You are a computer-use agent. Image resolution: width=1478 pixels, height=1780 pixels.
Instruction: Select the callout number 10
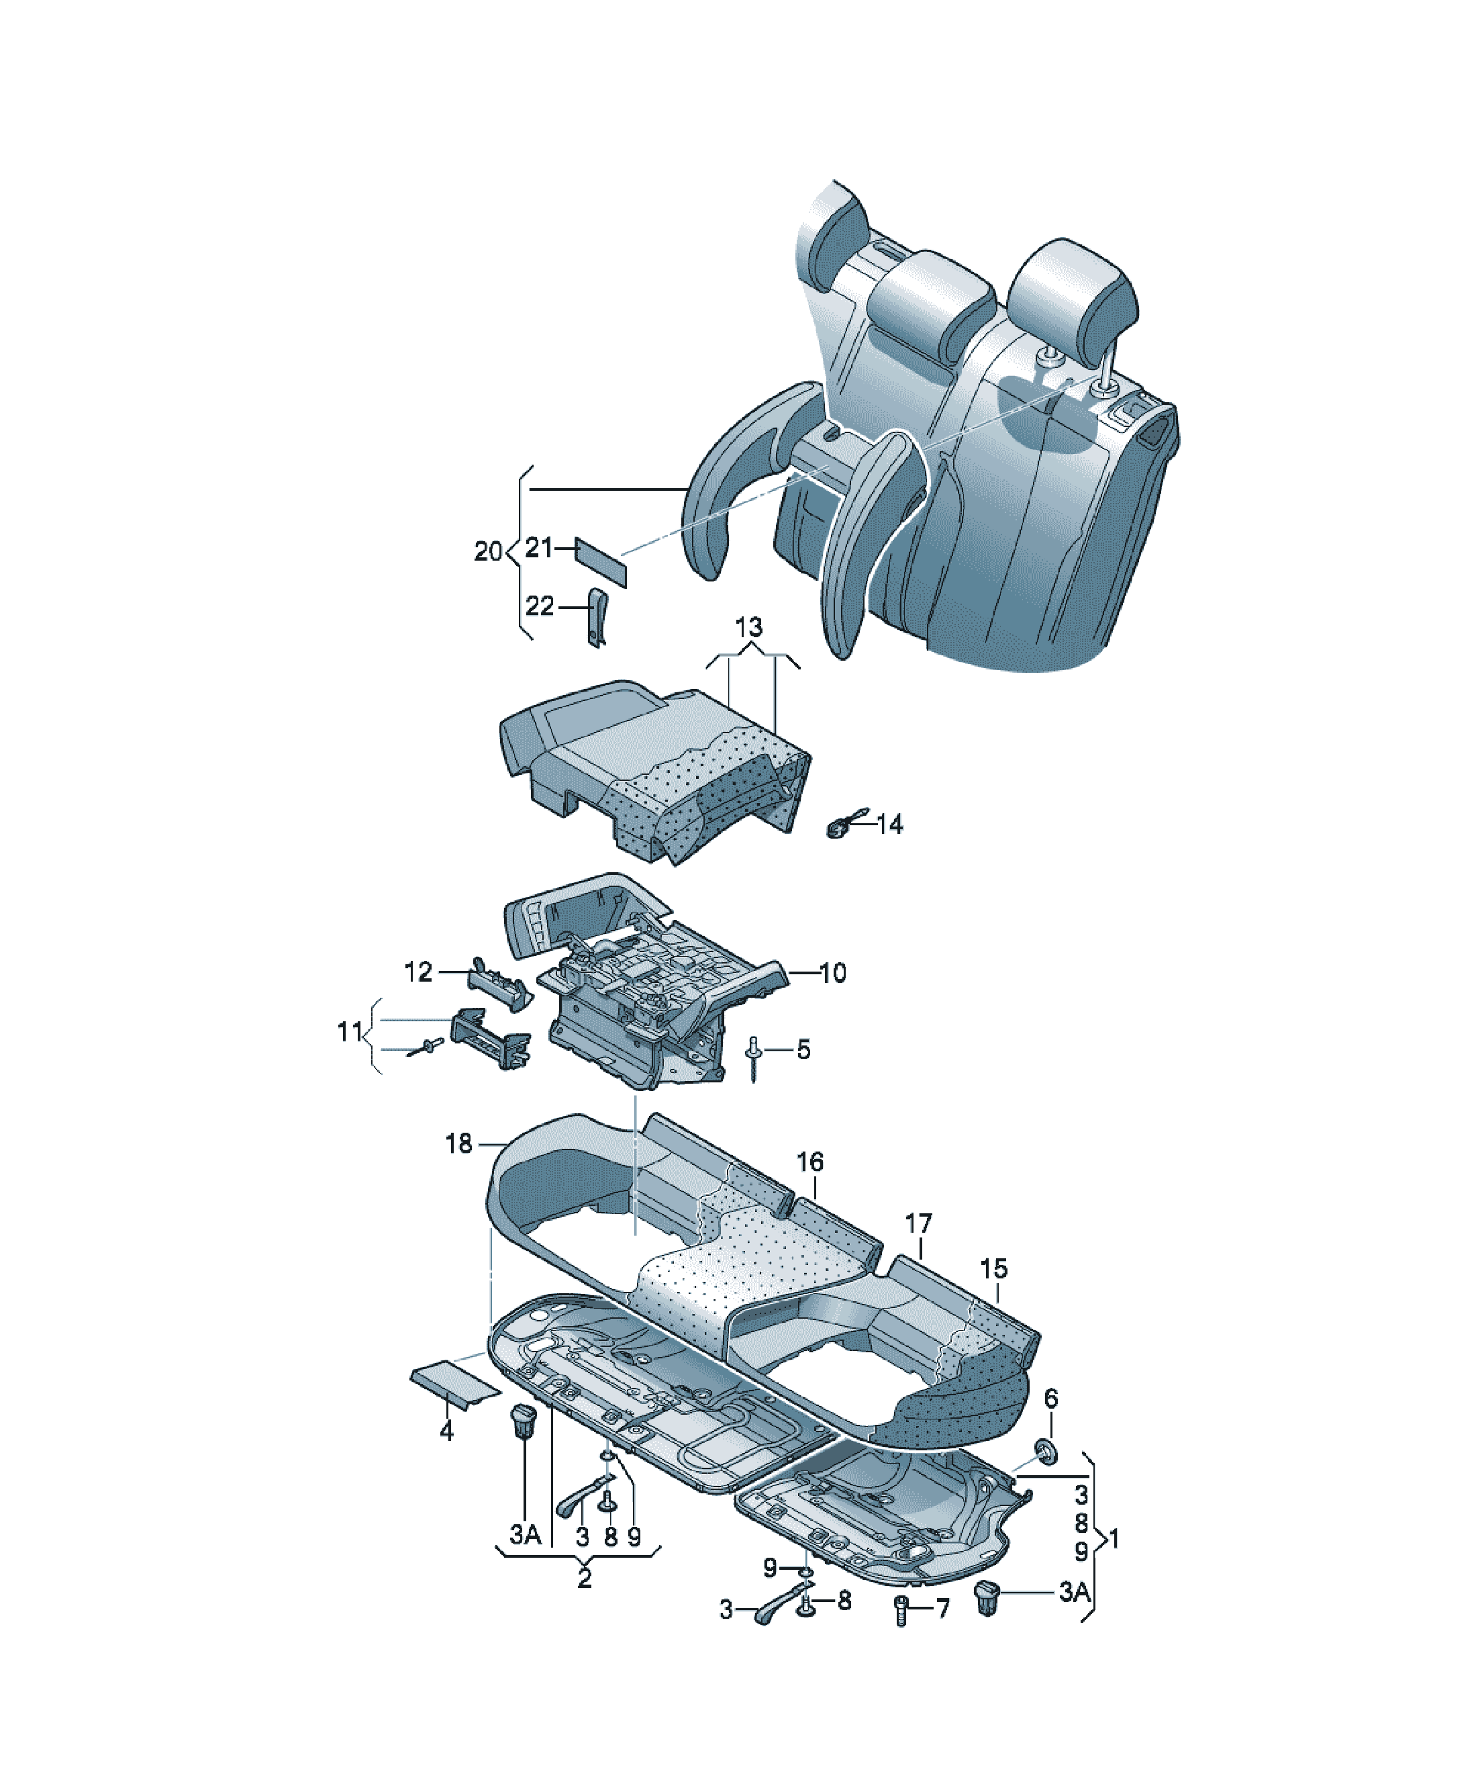[x=833, y=973]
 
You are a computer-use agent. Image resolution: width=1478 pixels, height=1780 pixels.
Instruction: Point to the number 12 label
[x=417, y=972]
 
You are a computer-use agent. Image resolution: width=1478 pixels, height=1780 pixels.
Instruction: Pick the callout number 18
[x=458, y=1143]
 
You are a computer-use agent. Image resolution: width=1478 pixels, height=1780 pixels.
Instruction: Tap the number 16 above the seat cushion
[x=810, y=1162]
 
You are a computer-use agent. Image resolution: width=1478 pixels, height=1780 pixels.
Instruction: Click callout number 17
[x=919, y=1224]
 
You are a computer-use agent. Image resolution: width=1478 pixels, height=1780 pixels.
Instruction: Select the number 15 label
[x=994, y=1269]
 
